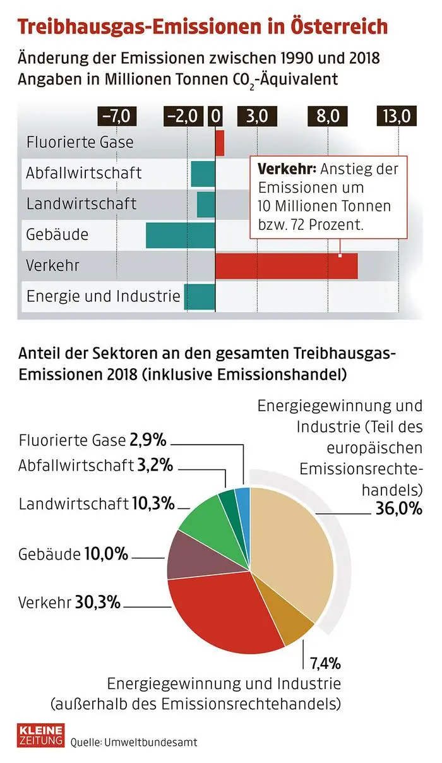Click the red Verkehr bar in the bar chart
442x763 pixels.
pyautogui.click(x=287, y=265)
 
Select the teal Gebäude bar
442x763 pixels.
pyautogui.click(x=181, y=235)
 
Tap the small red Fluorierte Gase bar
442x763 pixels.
pyautogui.click(x=220, y=142)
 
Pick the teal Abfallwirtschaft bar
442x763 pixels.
pyautogui.click(x=203, y=174)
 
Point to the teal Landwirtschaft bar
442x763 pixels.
pyautogui.click(x=206, y=205)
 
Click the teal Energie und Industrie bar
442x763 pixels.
pyautogui.click(x=200, y=297)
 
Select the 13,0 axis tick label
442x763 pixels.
pyautogui.click(x=397, y=116)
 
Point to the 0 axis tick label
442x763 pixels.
pyautogui.click(x=216, y=116)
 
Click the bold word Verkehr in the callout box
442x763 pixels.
pyautogui.click(x=285, y=170)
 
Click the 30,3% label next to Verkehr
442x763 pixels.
pyautogui.click(x=97, y=602)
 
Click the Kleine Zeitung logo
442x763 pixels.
pyautogui.click(x=40, y=735)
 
